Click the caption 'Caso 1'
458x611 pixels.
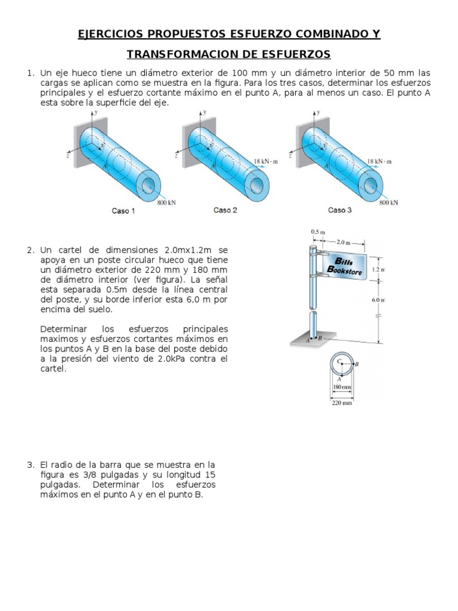[123, 211]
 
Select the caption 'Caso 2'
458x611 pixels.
[225, 210]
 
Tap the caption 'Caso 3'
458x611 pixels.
[340, 210]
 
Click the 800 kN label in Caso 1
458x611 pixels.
[166, 202]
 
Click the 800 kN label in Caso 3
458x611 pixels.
[388, 202]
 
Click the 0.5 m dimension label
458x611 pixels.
[318, 232]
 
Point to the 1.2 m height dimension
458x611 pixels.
[378, 270]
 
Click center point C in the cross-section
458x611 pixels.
[339, 362]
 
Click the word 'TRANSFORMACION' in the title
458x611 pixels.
[177, 54]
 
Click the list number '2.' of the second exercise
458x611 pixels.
[30, 250]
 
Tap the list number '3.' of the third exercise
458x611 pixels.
[30, 464]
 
